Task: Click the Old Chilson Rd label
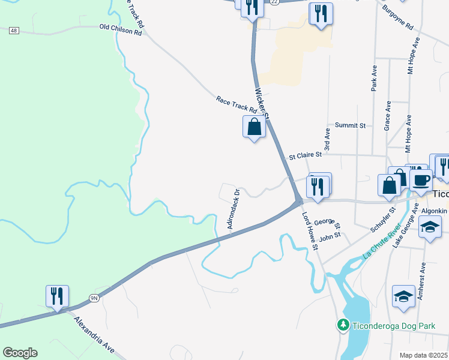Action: (120, 29)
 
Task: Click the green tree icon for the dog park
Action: (343, 325)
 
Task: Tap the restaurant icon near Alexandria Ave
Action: (57, 296)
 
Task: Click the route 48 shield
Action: (14, 31)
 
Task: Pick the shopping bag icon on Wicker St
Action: (255, 127)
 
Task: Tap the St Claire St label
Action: (306, 155)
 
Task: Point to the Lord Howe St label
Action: (310, 227)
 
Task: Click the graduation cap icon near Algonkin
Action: (430, 226)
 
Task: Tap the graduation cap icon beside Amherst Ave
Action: (404, 296)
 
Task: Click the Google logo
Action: (20, 353)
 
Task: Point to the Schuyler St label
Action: (383, 220)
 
